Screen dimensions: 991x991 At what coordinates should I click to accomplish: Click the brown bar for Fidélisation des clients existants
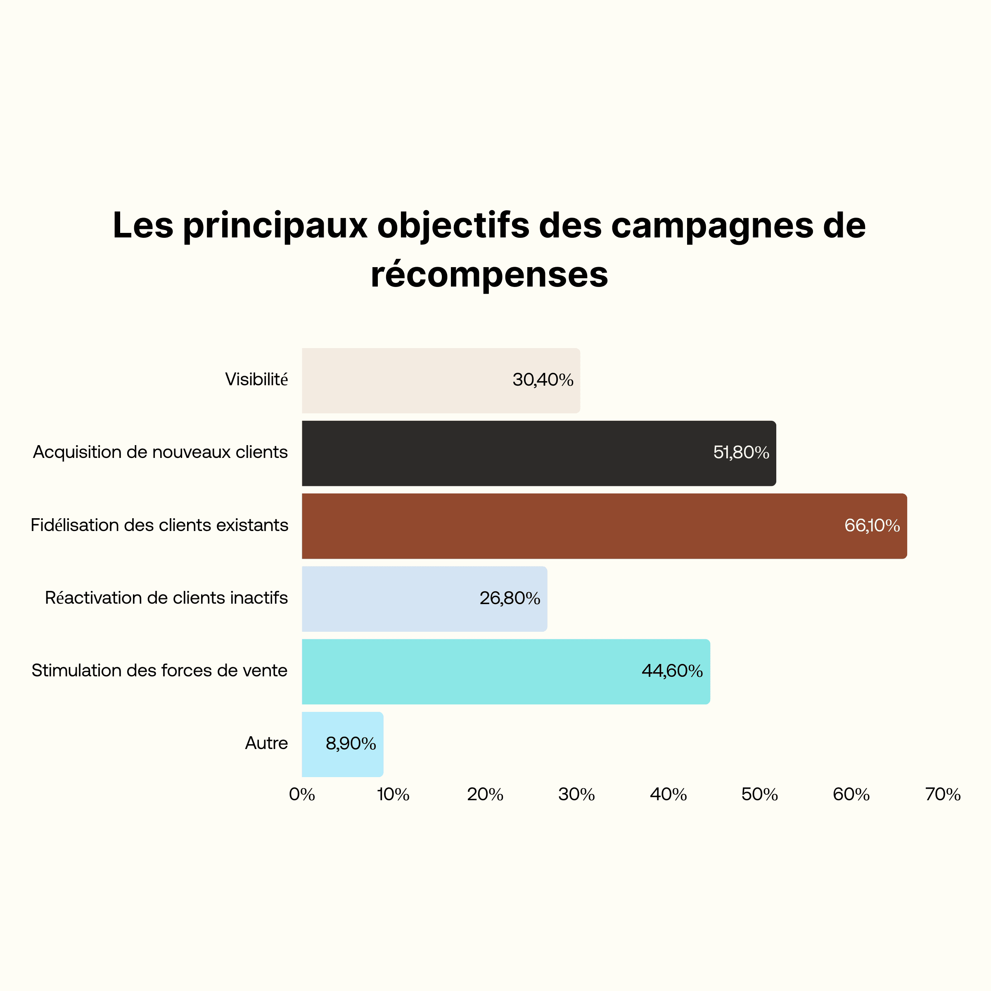tap(564, 526)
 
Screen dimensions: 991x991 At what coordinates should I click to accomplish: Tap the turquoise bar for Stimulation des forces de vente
tap(462, 671)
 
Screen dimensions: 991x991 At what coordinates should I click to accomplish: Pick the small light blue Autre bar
tap(313, 744)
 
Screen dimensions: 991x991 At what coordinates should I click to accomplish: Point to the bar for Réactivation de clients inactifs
tap(385, 599)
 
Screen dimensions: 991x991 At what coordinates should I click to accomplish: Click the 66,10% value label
tap(872, 526)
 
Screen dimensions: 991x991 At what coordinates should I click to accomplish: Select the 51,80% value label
tap(741, 453)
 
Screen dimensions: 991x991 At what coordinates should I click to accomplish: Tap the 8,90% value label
tap(351, 744)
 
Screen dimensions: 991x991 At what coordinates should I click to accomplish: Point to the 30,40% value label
tap(543, 380)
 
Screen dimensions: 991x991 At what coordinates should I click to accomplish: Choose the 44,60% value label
tap(672, 671)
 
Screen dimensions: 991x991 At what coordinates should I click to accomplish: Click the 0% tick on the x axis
tap(301, 794)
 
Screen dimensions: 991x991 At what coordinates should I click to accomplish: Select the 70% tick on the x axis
tap(943, 794)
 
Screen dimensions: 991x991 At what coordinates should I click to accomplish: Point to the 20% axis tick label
tap(485, 794)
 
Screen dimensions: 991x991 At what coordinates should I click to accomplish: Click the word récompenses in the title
tap(489, 275)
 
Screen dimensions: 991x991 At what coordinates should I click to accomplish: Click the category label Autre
tap(266, 743)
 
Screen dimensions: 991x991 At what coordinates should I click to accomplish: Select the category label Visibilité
tap(256, 379)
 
